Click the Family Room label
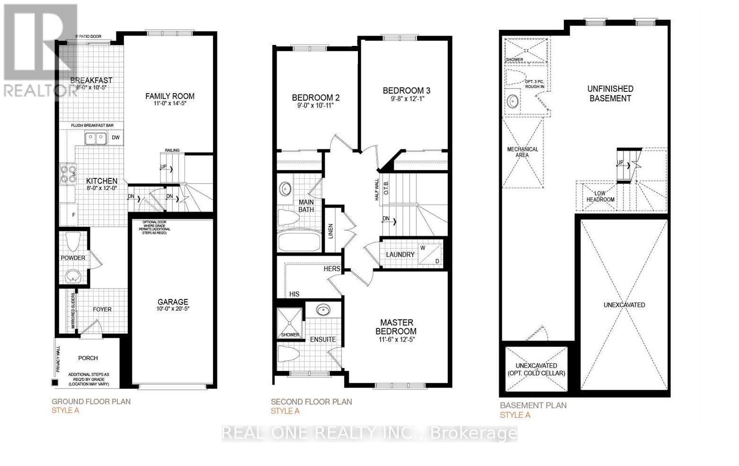[x=169, y=96]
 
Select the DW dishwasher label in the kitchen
[x=116, y=138]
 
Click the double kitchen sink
[x=95, y=138]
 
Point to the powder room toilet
[x=73, y=242]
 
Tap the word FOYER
[x=102, y=309]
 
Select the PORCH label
[x=88, y=358]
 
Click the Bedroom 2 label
[x=316, y=97]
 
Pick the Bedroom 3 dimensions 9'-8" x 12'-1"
[x=407, y=99]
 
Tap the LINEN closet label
[x=331, y=231]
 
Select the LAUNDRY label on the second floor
[x=400, y=255]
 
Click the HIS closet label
[x=294, y=294]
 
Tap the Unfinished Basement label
[x=610, y=94]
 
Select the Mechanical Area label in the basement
[x=523, y=152]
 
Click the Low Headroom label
[x=600, y=196]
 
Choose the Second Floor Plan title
[x=311, y=402]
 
